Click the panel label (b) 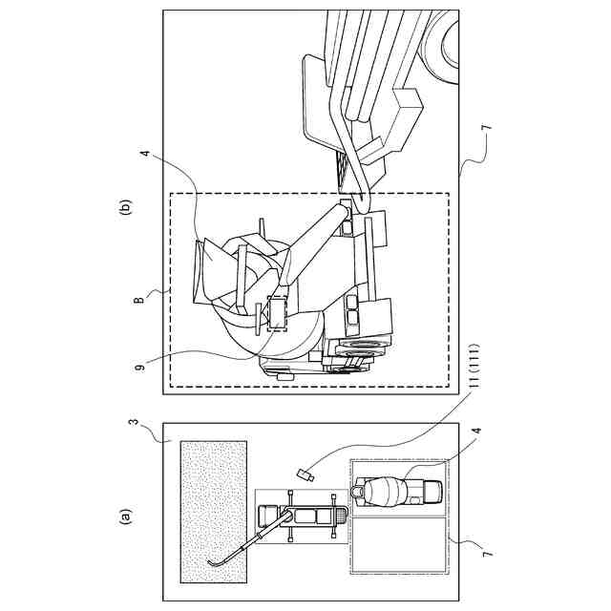coord(124,205)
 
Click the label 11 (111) coord(474,375)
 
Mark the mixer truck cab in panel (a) coord(427,490)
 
